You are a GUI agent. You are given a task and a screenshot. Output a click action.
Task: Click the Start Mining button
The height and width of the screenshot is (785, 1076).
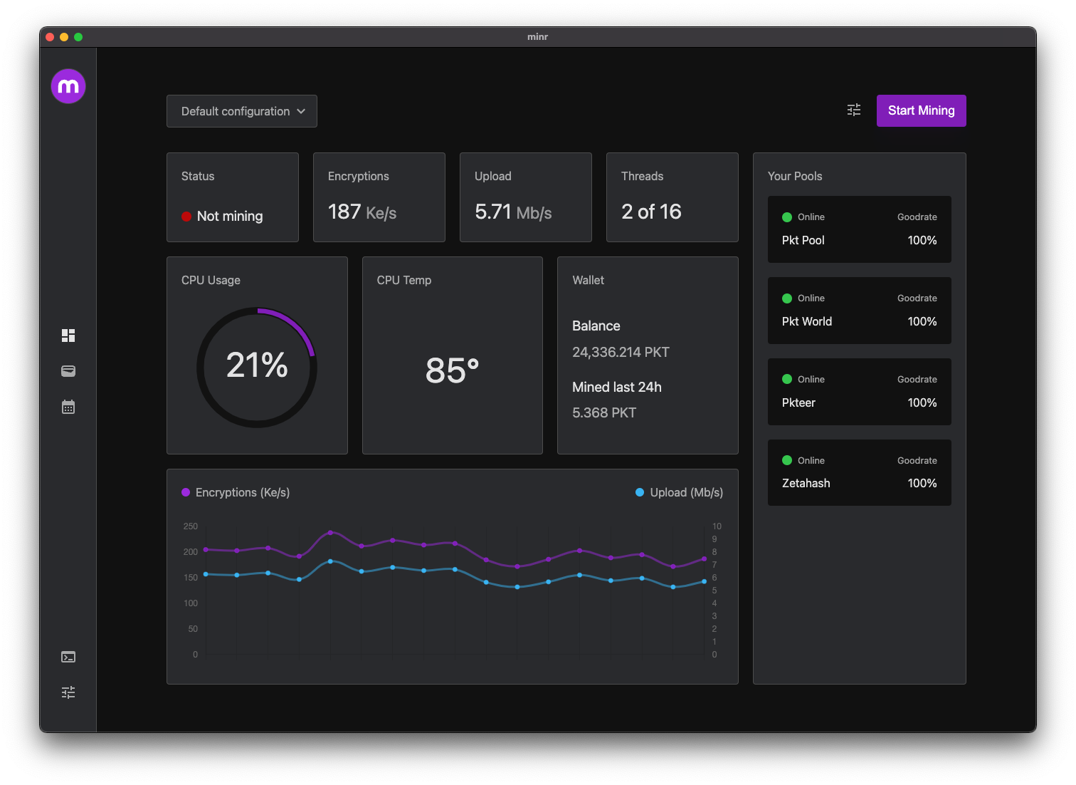tap(921, 110)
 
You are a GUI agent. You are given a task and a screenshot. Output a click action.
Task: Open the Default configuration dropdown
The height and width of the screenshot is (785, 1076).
tap(242, 111)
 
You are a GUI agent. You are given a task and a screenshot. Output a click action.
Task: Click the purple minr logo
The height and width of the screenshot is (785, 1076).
tap(68, 86)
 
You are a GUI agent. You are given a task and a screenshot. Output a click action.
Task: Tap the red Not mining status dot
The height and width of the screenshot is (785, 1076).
tap(186, 217)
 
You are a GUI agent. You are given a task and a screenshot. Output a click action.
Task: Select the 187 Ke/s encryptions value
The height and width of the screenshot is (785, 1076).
tap(362, 212)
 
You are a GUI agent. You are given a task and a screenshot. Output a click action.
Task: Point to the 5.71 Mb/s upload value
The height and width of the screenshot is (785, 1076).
tap(512, 212)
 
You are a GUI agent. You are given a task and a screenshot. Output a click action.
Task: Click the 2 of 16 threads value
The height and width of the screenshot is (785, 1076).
tap(651, 212)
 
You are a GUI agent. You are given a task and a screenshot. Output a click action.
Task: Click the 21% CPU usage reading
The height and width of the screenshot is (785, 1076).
tap(257, 365)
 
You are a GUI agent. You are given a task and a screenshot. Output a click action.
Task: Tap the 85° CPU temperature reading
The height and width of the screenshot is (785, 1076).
tap(452, 370)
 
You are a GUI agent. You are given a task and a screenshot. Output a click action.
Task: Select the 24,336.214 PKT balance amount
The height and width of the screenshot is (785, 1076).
tap(621, 352)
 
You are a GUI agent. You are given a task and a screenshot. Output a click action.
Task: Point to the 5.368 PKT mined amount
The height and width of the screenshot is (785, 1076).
tap(603, 413)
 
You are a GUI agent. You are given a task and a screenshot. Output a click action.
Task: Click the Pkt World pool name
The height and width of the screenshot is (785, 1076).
tap(806, 321)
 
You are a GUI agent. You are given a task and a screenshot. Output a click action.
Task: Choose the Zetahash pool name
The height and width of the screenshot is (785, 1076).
tap(806, 483)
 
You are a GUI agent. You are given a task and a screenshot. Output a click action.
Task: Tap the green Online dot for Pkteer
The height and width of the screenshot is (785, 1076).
tap(787, 379)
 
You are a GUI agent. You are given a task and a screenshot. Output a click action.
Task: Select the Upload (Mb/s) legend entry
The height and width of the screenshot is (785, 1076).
tap(679, 492)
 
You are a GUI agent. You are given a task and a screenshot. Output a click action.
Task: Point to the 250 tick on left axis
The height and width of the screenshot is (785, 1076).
tap(191, 526)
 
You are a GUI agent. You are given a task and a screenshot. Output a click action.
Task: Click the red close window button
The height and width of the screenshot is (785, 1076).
tap(50, 37)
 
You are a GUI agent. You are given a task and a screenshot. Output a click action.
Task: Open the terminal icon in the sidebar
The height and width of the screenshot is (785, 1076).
tap(68, 657)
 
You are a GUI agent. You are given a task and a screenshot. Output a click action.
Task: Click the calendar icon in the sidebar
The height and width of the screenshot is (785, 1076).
tap(68, 407)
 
